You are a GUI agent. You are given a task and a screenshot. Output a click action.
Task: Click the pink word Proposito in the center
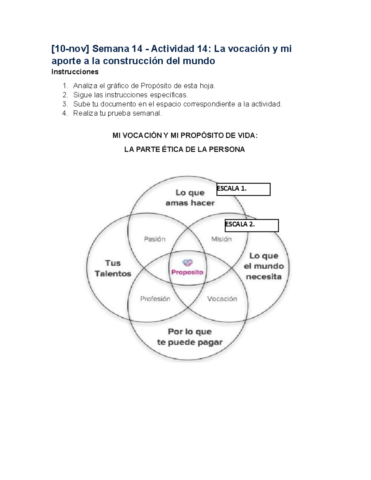pyautogui.click(x=187, y=272)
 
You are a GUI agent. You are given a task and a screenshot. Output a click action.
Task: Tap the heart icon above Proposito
pyautogui.click(x=187, y=263)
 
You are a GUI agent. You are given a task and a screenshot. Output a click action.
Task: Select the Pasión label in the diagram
pyautogui.click(x=155, y=239)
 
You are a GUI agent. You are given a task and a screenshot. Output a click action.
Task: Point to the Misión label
pyautogui.click(x=221, y=239)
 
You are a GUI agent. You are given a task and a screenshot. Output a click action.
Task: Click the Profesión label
pyautogui.click(x=155, y=299)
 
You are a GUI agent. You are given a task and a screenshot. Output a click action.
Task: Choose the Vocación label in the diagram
pyautogui.click(x=222, y=299)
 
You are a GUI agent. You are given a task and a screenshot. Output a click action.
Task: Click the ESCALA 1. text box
pyautogui.click(x=243, y=189)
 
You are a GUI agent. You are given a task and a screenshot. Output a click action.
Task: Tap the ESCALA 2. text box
pyautogui.click(x=252, y=226)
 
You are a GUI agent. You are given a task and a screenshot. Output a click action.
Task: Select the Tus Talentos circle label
pyautogui.click(x=113, y=268)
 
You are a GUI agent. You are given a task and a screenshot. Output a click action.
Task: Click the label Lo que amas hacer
pyautogui.click(x=190, y=198)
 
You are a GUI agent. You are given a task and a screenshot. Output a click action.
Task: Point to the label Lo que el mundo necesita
pyautogui.click(x=264, y=266)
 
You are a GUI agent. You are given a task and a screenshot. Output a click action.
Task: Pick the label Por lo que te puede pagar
pyautogui.click(x=190, y=337)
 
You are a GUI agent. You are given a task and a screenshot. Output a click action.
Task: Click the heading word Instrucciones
pyautogui.click(x=75, y=72)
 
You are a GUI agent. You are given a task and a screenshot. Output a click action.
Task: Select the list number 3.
pyautogui.click(x=65, y=104)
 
